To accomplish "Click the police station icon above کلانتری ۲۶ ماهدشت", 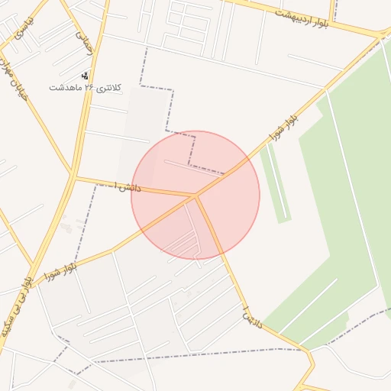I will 85,76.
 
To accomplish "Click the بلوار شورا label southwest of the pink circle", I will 62,269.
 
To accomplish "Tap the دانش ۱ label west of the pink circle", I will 126,186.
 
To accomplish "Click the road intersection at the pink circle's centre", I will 195,196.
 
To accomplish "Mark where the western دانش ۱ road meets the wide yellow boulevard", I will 75,177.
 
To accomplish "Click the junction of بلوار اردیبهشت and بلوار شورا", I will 380,35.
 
